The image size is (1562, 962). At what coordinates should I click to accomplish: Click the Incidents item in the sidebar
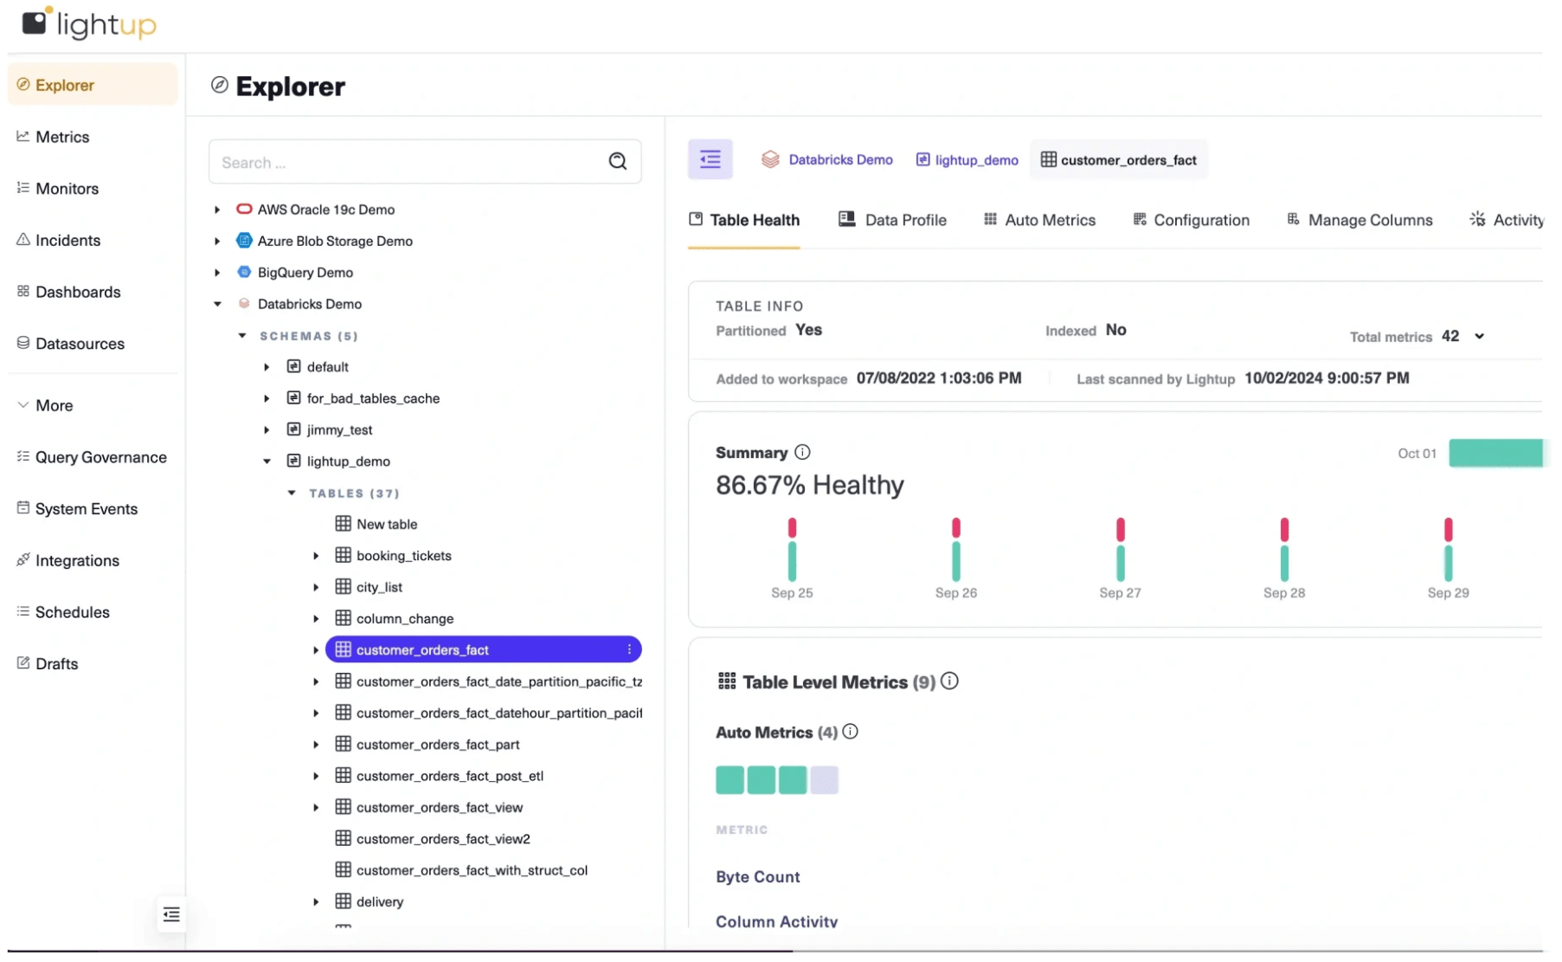pos(67,240)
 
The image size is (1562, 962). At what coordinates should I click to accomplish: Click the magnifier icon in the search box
pos(617,161)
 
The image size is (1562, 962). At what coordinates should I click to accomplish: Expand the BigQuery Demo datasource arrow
pos(217,273)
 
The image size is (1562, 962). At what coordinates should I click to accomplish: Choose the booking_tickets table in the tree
pos(403,556)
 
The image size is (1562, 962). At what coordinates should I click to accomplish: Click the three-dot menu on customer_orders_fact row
pos(629,649)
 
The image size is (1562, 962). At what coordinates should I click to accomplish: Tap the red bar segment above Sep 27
pos(1120,529)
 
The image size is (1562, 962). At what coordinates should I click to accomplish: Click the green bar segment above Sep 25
pos(792,561)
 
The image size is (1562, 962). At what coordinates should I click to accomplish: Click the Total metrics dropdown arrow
pos(1479,336)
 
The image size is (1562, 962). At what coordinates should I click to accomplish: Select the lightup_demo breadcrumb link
pos(975,160)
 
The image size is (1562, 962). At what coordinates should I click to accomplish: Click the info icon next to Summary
pos(802,452)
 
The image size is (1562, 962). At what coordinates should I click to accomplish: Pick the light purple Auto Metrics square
pos(824,780)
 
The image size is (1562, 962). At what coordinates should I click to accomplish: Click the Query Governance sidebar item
pos(100,457)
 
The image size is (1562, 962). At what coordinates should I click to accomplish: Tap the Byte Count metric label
pos(757,876)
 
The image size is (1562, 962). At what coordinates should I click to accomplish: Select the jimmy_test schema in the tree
pos(339,429)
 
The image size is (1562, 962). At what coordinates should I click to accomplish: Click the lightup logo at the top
pos(89,23)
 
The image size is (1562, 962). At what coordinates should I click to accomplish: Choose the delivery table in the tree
pos(379,901)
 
